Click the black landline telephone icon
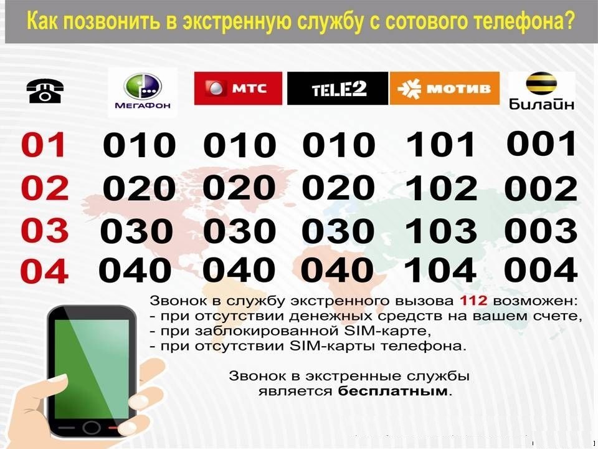pyautogui.click(x=45, y=91)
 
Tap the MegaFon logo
pyautogui.click(x=143, y=92)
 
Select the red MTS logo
pyautogui.click(x=238, y=88)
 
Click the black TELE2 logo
pyautogui.click(x=338, y=88)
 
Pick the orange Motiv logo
pyautogui.click(x=444, y=88)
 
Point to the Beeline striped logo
pyautogui.click(x=541, y=91)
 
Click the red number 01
pyautogui.click(x=44, y=145)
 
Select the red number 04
pyautogui.click(x=44, y=271)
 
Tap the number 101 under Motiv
pyautogui.click(x=440, y=144)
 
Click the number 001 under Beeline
pyautogui.click(x=541, y=143)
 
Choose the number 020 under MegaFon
pyautogui.click(x=139, y=188)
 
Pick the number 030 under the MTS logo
pyautogui.click(x=239, y=231)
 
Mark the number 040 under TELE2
pyautogui.click(x=337, y=269)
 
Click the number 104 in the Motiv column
pyautogui.click(x=440, y=269)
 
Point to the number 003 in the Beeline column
pyautogui.click(x=541, y=230)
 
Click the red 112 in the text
pyautogui.click(x=473, y=301)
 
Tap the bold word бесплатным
pyautogui.click(x=392, y=392)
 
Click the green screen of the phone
pyautogui.click(x=92, y=369)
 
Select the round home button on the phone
pyautogui.click(x=91, y=428)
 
